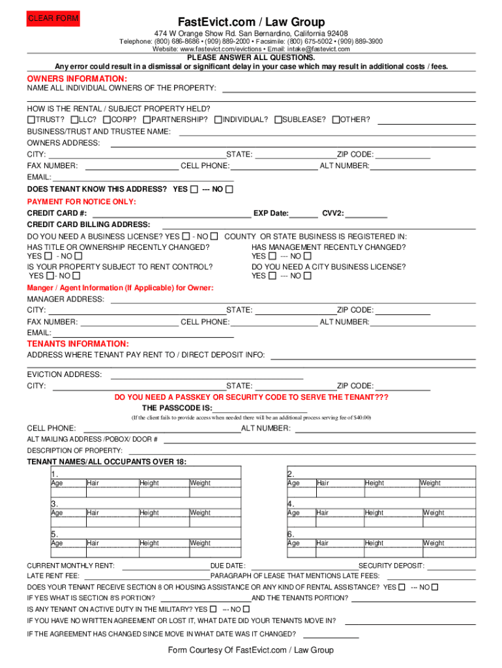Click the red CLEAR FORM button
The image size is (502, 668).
[52, 19]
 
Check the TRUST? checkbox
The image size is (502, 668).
[31, 120]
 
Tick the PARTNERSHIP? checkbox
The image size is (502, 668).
[147, 120]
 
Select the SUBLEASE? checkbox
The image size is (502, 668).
[278, 120]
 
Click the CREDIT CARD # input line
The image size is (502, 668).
[171, 213]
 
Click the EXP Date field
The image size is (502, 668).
[304, 213]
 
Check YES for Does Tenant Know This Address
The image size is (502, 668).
[194, 190]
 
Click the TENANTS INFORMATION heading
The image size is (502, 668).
[78, 344]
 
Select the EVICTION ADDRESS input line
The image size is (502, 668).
[207, 375]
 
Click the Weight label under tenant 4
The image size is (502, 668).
[434, 513]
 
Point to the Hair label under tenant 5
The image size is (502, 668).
[93, 543]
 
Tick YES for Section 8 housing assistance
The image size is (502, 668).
[402, 587]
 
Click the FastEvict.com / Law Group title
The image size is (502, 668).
[251, 22]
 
